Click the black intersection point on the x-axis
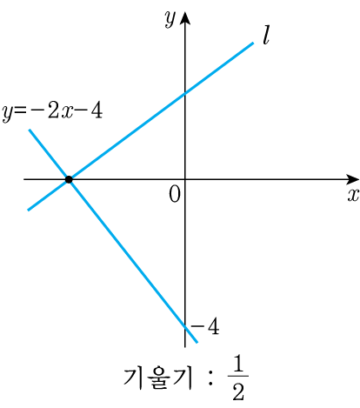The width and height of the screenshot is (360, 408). [69, 179]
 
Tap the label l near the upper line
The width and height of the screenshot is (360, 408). [266, 36]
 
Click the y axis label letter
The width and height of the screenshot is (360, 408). [170, 19]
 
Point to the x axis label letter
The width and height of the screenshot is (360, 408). [353, 195]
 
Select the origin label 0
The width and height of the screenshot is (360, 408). [175, 194]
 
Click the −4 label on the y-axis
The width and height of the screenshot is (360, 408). [205, 326]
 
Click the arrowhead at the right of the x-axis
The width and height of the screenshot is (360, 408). [352, 179]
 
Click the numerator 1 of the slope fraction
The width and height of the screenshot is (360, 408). [237, 364]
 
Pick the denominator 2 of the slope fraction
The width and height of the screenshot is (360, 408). [238, 391]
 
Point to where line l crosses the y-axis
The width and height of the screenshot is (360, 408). [185, 93]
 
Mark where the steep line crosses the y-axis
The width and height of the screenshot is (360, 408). [185, 326]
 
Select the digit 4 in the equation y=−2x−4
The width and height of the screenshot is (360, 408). [97, 110]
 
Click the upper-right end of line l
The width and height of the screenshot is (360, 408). [253, 43]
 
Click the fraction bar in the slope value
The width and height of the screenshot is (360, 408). [238, 376]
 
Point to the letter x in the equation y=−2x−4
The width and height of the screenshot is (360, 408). [67, 113]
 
